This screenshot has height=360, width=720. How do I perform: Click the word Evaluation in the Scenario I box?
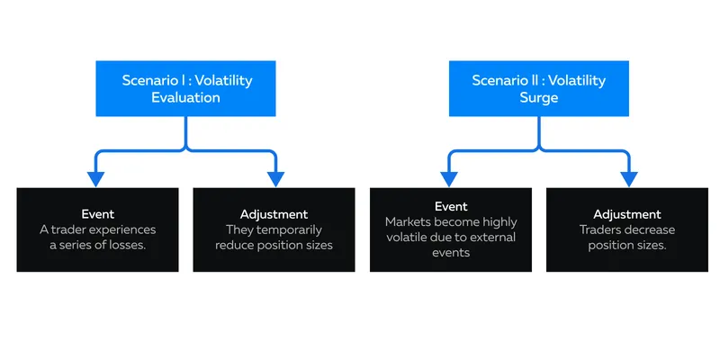185,97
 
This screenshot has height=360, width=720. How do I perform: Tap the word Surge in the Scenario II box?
538,98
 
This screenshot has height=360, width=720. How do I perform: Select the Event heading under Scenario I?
98,214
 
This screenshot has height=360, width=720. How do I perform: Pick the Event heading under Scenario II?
451,207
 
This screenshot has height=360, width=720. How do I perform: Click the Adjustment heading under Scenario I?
274,214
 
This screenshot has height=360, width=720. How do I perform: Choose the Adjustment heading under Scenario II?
626,214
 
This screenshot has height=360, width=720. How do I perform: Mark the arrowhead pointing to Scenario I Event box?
96,179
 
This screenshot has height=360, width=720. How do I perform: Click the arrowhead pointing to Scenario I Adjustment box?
275,179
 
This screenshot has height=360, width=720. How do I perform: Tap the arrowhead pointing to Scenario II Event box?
449,179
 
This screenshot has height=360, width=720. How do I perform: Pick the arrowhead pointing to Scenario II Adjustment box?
628,179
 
